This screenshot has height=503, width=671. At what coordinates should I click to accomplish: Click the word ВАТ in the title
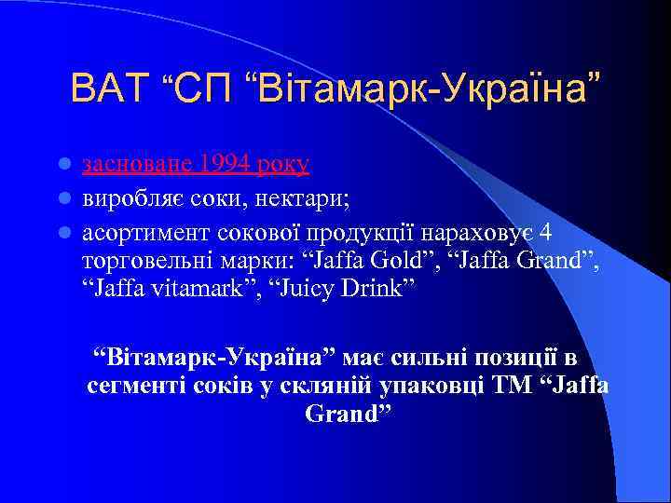pyautogui.click(x=109, y=89)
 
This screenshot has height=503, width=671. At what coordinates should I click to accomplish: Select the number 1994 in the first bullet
pyautogui.click(x=221, y=165)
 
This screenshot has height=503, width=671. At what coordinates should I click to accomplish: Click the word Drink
pyautogui.click(x=373, y=289)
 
